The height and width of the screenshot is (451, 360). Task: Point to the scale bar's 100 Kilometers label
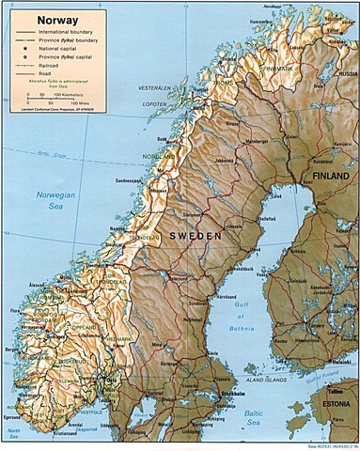(x=75, y=95)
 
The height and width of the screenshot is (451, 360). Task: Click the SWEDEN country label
(x=196, y=234)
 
